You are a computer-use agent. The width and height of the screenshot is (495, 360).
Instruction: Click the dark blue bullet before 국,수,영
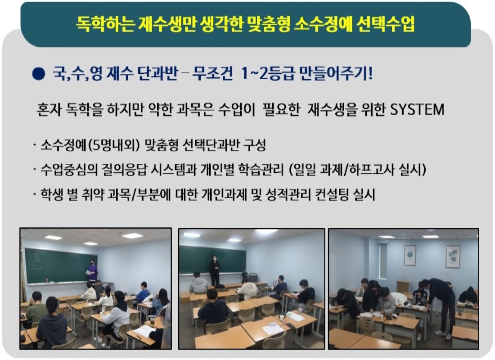point(39,74)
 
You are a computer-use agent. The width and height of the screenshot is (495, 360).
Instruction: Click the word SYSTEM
point(417,110)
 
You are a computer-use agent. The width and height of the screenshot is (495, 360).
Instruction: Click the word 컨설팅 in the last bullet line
point(331,194)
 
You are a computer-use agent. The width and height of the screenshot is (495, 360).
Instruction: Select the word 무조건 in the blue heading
point(212,74)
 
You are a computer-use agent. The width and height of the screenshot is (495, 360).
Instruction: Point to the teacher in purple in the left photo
point(92,270)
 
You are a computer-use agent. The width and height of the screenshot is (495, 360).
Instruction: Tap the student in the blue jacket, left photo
point(144,292)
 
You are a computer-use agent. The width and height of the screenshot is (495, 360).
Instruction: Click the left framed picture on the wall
point(410,255)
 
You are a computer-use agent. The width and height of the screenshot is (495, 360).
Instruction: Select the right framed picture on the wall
point(453,256)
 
